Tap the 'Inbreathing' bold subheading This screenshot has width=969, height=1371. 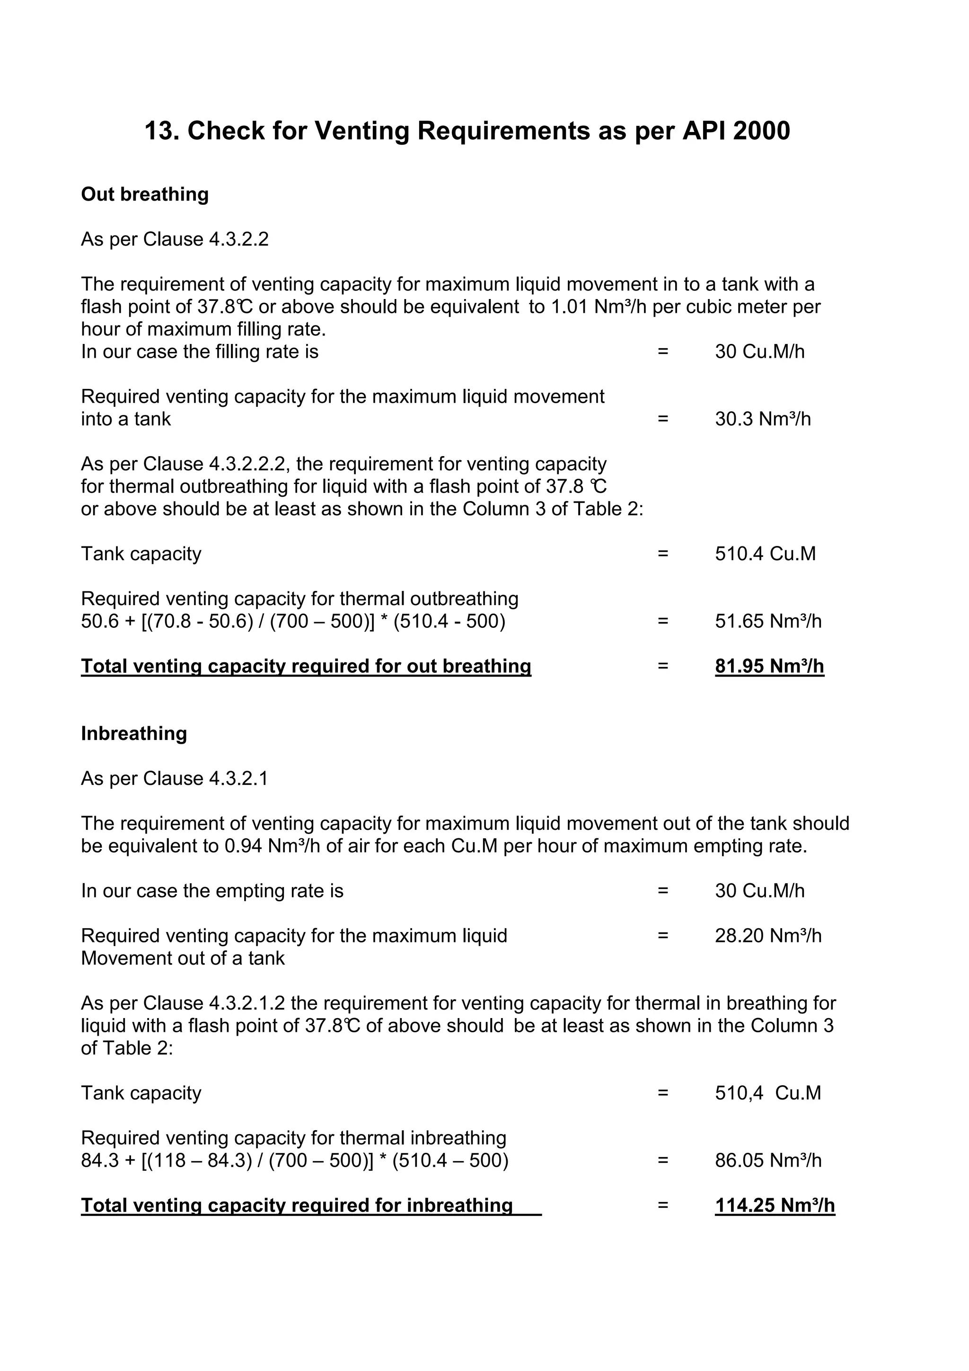134,733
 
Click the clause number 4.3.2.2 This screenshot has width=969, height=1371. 238,239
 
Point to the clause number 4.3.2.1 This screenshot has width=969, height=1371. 238,779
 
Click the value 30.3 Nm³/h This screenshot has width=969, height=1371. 762,419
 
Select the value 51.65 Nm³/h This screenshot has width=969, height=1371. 768,622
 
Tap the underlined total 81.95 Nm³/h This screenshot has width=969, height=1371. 769,667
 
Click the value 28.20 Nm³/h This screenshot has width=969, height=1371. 768,936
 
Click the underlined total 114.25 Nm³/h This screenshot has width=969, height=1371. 775,1205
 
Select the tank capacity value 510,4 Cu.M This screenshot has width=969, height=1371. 768,1093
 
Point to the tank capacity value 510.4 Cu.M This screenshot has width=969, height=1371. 765,554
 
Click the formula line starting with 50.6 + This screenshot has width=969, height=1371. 292,622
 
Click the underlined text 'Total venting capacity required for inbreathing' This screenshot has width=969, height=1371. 297,1205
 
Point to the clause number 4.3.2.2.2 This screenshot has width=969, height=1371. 249,464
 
